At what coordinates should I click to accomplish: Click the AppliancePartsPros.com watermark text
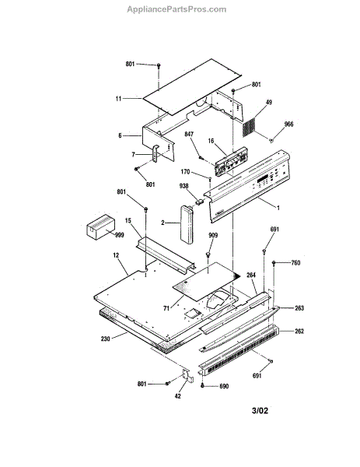tap(177, 9)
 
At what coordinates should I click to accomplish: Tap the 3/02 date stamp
tap(260, 411)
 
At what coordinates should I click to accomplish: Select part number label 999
tap(119, 235)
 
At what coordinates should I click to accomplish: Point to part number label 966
tap(288, 125)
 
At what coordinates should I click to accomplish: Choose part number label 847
tap(189, 135)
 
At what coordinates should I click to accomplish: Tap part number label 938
tap(183, 186)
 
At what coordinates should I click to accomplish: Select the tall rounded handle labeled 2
tap(187, 225)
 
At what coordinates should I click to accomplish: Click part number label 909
tap(213, 235)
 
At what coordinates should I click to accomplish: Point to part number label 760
tap(295, 263)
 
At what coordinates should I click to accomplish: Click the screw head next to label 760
tap(274, 263)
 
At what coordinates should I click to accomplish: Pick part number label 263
tap(299, 308)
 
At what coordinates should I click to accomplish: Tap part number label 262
tap(299, 332)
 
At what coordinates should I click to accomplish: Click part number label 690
tap(224, 386)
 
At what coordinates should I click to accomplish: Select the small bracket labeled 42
tap(187, 376)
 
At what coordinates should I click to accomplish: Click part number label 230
tap(105, 339)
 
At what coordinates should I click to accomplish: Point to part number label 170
tap(185, 172)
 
